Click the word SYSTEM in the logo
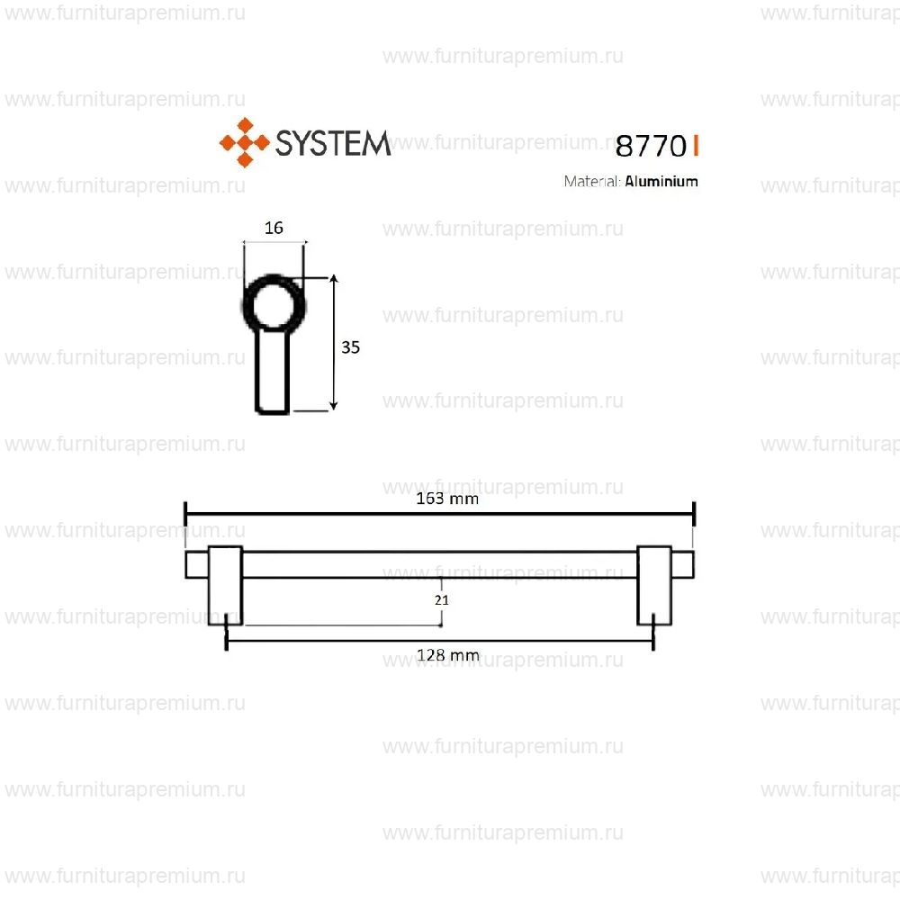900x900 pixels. (x=332, y=143)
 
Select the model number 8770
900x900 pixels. (x=645, y=145)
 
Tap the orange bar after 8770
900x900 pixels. (x=696, y=144)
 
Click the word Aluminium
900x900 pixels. (x=661, y=181)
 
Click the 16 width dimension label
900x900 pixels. (x=274, y=228)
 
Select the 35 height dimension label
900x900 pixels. (x=351, y=346)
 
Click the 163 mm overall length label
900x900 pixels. (x=446, y=499)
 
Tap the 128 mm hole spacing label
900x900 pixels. (x=447, y=655)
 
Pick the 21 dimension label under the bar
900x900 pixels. (x=441, y=599)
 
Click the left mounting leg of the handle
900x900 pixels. (x=225, y=585)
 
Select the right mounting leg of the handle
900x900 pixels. (x=654, y=585)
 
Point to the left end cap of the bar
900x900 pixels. (x=196, y=565)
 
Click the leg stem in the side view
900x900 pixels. (x=273, y=373)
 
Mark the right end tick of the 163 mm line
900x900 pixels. (x=694, y=514)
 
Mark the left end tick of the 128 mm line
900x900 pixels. (x=225, y=641)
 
